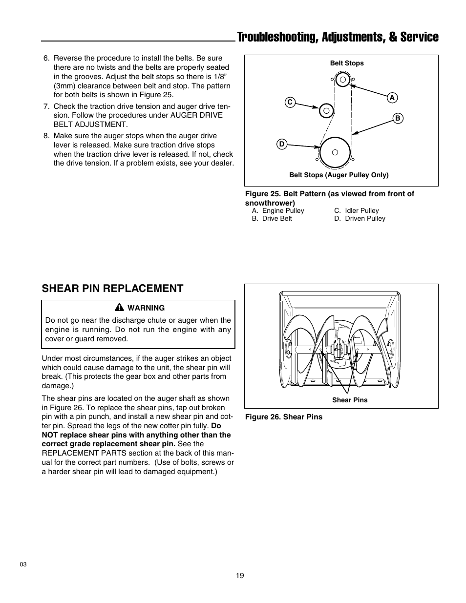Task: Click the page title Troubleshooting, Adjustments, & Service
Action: [x=337, y=37]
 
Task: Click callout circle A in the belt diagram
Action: [x=392, y=98]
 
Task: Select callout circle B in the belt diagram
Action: [x=397, y=118]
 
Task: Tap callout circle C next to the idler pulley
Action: [x=290, y=102]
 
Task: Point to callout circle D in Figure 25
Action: [x=281, y=144]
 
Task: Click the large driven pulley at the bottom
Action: [x=335, y=152]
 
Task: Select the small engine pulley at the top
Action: [x=342, y=79]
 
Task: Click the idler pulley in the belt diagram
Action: [x=326, y=111]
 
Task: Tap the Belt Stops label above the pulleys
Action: [x=347, y=63]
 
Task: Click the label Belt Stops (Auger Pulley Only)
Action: [x=339, y=175]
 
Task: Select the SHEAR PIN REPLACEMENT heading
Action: [x=113, y=289]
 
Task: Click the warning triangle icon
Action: [x=119, y=308]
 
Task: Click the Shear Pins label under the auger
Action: [x=350, y=400]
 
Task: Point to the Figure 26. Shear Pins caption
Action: [x=283, y=417]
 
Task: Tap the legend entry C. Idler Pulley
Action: [x=356, y=211]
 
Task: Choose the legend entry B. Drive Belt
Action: [x=272, y=219]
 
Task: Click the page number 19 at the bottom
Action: [x=239, y=576]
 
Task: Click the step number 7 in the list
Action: [x=46, y=106]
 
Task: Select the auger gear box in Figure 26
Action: [x=338, y=349]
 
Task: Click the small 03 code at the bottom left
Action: [x=23, y=564]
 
